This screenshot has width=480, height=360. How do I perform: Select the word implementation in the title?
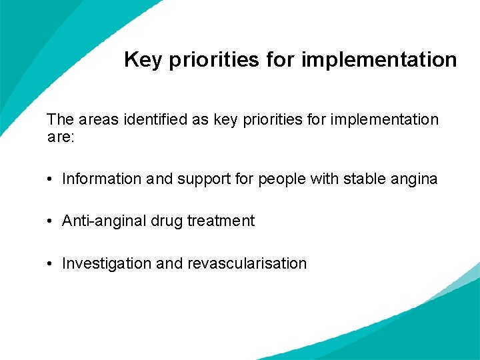pos(379,60)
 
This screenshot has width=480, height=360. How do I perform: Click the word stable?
pos(363,179)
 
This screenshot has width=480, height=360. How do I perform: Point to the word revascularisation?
pos(247,263)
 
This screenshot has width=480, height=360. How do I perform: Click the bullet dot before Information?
pos(51,179)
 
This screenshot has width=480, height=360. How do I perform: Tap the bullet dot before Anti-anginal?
pos(51,221)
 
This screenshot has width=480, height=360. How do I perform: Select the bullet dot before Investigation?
pos(51,264)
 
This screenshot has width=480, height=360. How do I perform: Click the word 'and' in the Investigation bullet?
pos(169,263)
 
